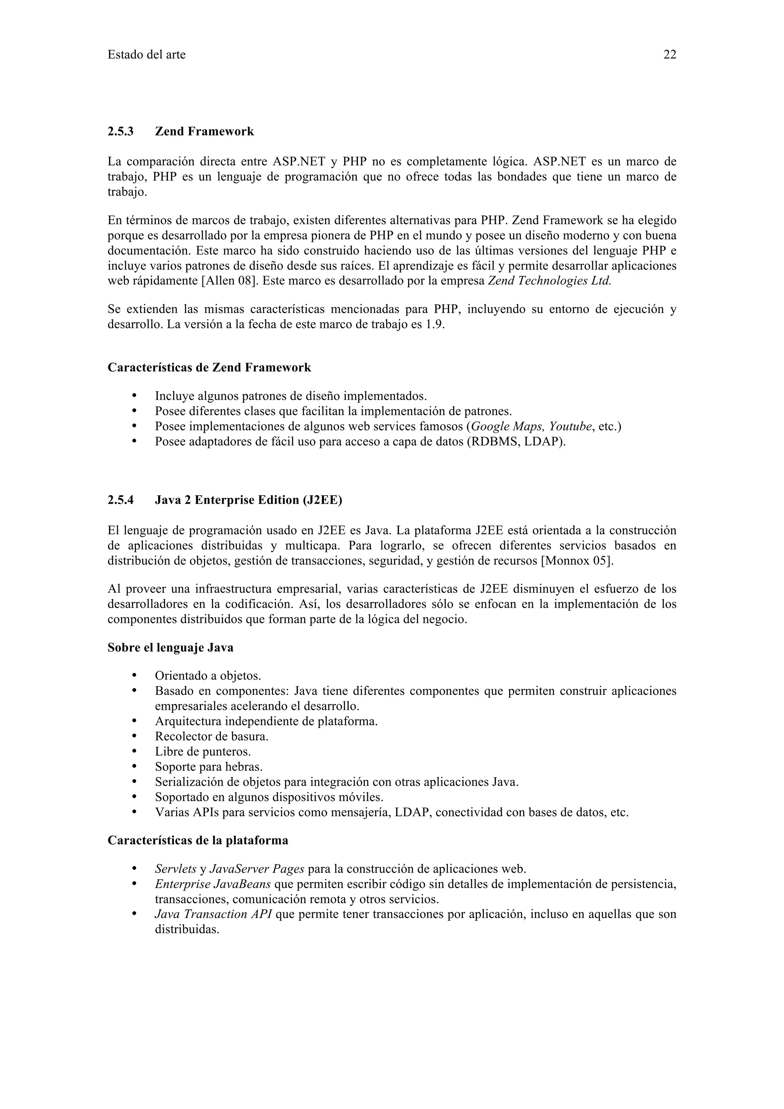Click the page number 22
[x=670, y=55]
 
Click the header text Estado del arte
[x=146, y=55]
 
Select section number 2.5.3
[x=120, y=131]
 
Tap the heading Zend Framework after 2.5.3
[x=204, y=131]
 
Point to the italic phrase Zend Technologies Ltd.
[x=550, y=281]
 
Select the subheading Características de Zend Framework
[x=209, y=368]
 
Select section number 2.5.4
[x=120, y=500]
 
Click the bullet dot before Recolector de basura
[x=135, y=737]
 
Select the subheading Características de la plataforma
[x=198, y=840]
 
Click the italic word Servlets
[x=175, y=869]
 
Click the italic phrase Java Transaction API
[x=213, y=914]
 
